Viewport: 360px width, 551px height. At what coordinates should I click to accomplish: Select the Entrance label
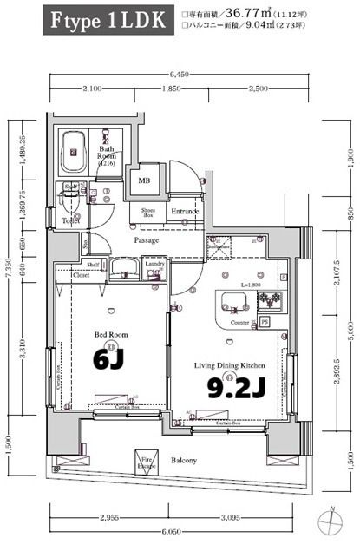point(184,211)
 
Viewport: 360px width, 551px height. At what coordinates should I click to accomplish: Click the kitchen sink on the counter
point(234,302)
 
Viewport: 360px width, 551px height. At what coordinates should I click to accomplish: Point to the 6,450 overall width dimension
point(180,75)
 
